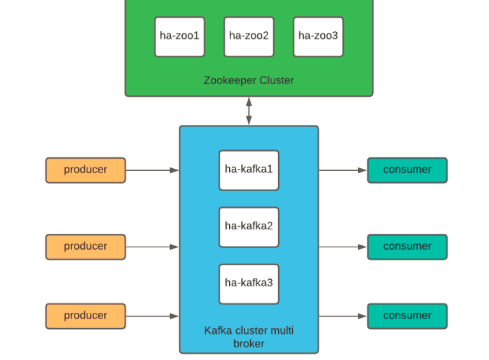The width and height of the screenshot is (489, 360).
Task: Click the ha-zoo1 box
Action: (180, 36)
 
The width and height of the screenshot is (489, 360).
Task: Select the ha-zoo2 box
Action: (249, 36)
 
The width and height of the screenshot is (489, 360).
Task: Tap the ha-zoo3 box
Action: (318, 36)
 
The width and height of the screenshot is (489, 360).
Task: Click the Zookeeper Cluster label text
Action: (249, 80)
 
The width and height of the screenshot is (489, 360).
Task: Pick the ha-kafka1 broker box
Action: (249, 170)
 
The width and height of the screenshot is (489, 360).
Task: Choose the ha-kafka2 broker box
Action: (249, 227)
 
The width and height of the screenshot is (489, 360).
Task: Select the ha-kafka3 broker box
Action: (249, 284)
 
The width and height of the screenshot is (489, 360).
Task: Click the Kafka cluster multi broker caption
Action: (249, 337)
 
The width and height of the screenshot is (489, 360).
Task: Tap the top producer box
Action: (85, 170)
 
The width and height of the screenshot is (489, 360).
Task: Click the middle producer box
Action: (85, 247)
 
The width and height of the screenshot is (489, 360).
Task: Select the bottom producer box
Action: (85, 316)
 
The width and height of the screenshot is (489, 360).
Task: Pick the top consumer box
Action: (407, 170)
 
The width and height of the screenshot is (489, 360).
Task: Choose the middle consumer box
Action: (407, 247)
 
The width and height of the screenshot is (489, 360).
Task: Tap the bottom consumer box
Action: (407, 316)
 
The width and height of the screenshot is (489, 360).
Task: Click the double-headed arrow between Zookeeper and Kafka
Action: (249, 111)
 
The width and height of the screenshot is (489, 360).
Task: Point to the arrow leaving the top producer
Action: (152, 170)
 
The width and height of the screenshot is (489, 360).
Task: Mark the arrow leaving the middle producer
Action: (152, 247)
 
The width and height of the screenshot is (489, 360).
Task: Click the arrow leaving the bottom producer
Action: (152, 316)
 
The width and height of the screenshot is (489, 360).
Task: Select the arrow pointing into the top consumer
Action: (343, 170)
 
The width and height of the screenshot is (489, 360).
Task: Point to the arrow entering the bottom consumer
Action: (343, 316)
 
